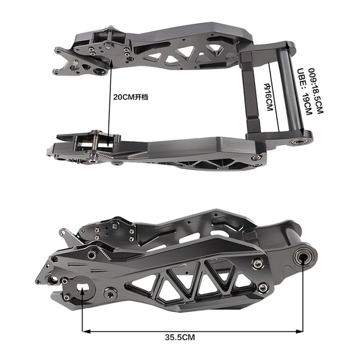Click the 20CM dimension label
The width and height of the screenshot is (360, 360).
pos(131,97)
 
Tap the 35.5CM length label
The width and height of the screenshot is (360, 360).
pos(180,337)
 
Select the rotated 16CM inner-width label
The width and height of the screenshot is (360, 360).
pos(268,97)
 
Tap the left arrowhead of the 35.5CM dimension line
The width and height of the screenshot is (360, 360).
pos(86,331)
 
